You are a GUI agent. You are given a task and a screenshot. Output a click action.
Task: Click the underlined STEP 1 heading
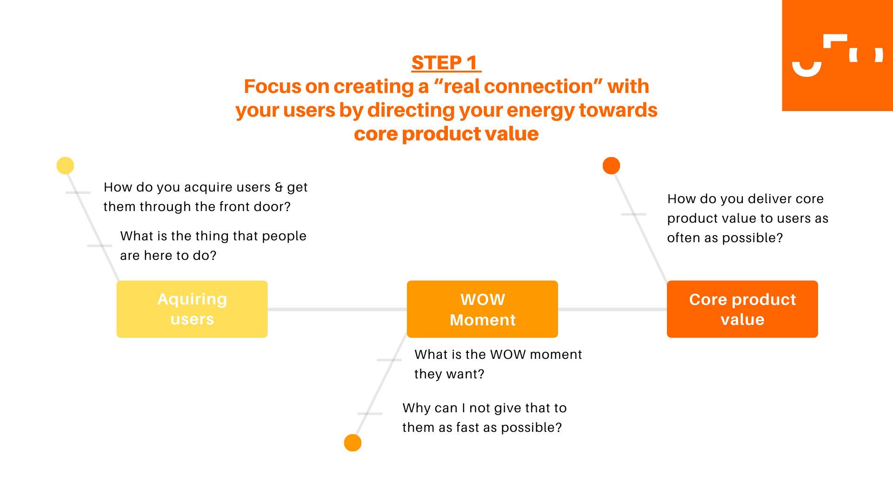coord(446,63)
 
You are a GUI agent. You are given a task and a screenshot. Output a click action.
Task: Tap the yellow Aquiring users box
coord(192,309)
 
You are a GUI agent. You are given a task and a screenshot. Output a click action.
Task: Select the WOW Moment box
coord(482,309)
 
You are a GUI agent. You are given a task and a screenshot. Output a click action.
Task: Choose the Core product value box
coord(742,309)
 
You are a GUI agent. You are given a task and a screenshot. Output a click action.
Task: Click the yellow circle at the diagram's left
coord(65,165)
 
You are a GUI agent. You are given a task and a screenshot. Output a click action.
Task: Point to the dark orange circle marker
coord(611,165)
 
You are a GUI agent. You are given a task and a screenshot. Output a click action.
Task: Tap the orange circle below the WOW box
coord(353,443)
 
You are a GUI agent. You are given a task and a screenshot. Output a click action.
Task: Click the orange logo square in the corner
coord(837,55)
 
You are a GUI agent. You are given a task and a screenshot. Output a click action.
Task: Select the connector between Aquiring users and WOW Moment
coord(337,309)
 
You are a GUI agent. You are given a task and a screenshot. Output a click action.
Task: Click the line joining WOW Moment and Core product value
coord(613,309)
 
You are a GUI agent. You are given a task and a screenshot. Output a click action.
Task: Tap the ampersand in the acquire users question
coord(279,187)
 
